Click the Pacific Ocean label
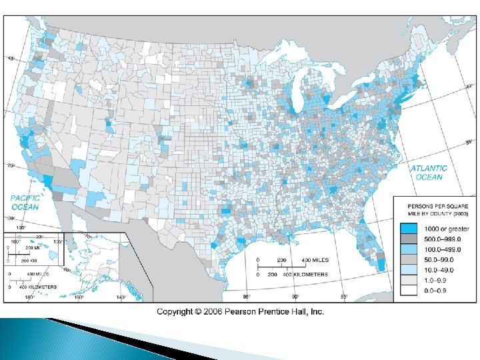(25, 202)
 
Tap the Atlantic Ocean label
(429, 173)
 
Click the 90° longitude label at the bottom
(295, 297)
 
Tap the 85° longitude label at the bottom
(345, 297)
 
